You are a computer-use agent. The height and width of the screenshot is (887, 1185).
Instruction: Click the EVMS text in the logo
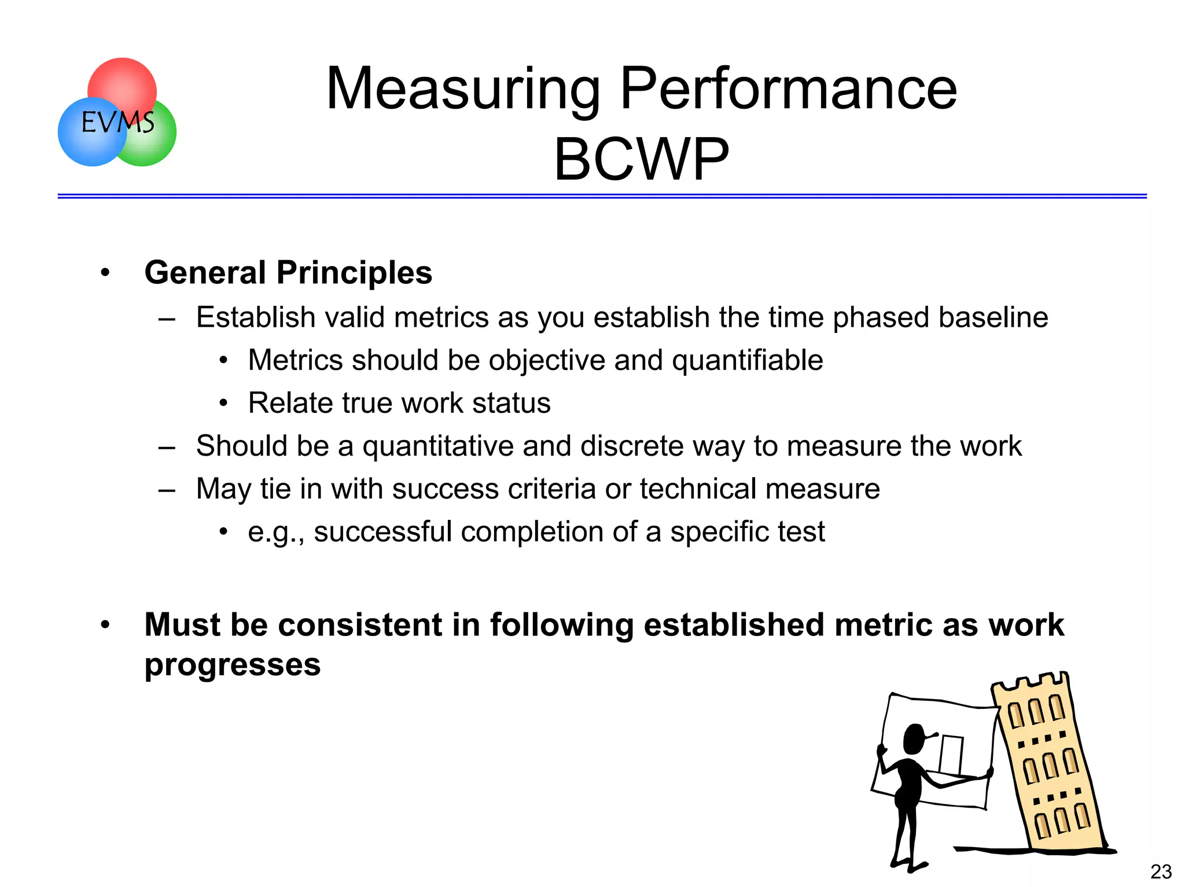(117, 122)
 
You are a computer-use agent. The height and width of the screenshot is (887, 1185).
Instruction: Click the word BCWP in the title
(641, 160)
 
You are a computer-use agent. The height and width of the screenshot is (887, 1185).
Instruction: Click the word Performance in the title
(788, 90)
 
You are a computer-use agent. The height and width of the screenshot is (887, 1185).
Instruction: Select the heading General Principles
(288, 272)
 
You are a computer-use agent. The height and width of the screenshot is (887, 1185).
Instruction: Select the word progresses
(233, 665)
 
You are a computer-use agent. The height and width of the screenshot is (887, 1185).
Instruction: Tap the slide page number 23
(1161, 871)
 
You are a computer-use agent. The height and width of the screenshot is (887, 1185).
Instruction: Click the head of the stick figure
(915, 738)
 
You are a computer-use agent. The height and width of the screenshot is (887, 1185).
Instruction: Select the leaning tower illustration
(1048, 763)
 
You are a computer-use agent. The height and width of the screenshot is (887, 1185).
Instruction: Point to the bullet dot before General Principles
(105, 272)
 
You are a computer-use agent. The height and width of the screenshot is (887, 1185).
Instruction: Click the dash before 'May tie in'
(167, 490)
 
